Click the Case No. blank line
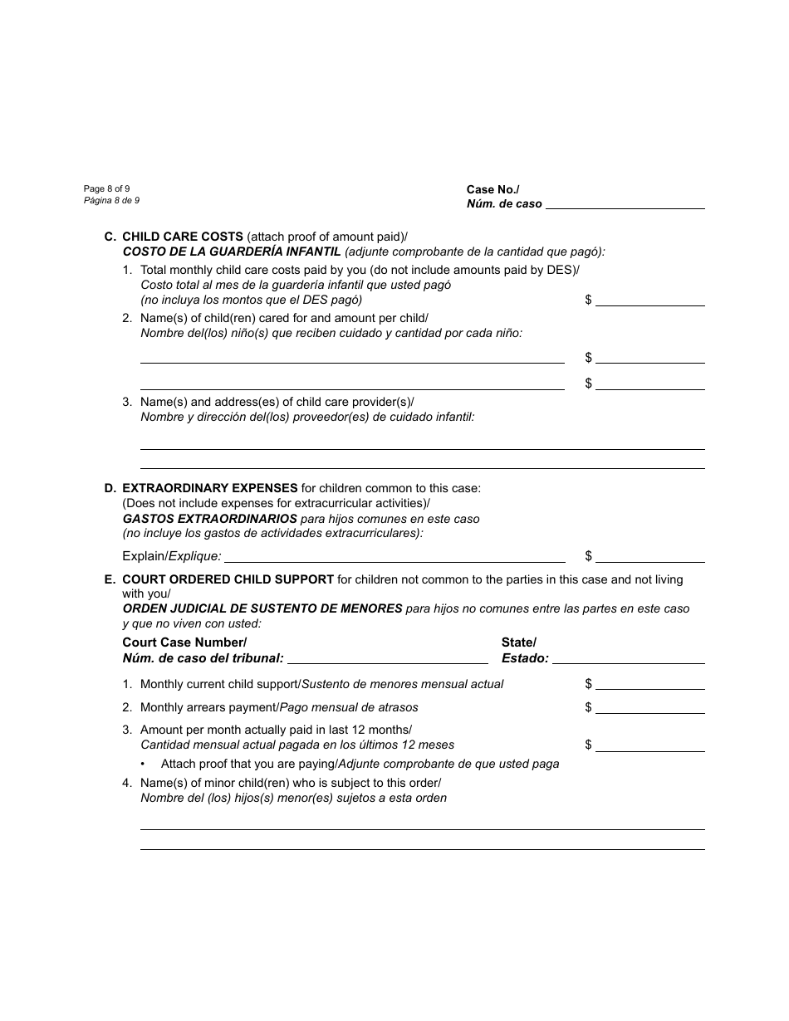[625, 204]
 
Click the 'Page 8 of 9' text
[106, 189]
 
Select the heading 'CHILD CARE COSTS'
[183, 237]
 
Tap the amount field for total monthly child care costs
[649, 301]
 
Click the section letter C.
[109, 237]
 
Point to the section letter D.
[109, 488]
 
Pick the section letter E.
[109, 579]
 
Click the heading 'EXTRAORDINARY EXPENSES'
[209, 488]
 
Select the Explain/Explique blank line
[394, 558]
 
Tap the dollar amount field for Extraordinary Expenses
[649, 558]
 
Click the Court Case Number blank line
[387, 660]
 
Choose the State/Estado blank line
[628, 660]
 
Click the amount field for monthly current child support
[649, 686]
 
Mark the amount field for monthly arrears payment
[649, 709]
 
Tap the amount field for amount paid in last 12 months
[649, 746]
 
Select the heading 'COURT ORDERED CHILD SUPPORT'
[228, 579]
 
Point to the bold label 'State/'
[518, 642]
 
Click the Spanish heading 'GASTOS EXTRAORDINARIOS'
[209, 519]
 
